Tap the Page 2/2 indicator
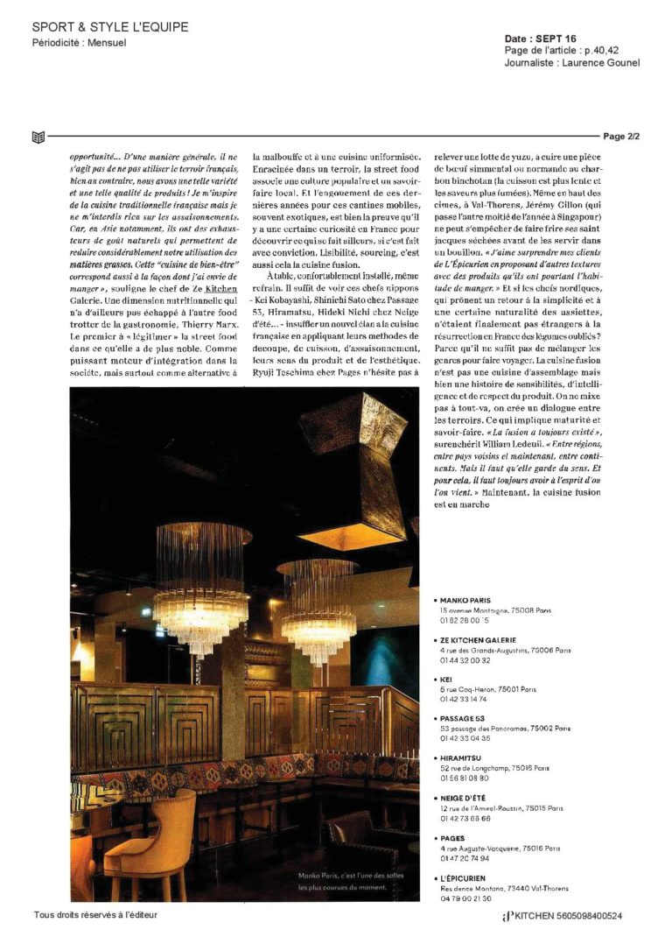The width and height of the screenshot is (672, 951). tap(621, 137)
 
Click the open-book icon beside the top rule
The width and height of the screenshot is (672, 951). tap(37, 137)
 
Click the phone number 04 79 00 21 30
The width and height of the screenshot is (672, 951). tap(465, 898)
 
